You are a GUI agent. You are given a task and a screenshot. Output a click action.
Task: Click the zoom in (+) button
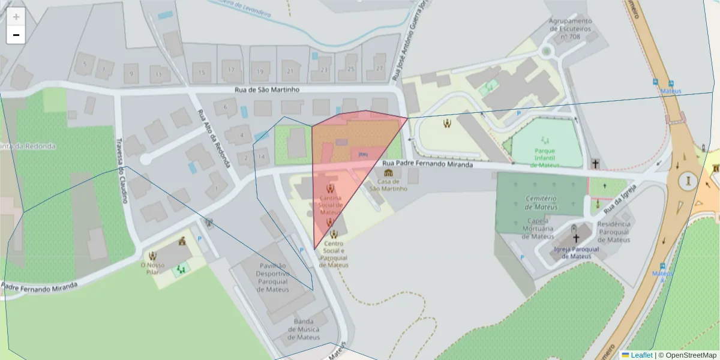[16, 17]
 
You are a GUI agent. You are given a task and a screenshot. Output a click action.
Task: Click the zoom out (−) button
[16, 35]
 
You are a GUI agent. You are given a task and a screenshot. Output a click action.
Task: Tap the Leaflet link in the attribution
[641, 355]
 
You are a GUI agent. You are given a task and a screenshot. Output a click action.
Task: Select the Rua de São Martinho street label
[266, 89]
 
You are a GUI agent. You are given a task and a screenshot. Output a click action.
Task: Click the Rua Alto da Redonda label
[206, 134]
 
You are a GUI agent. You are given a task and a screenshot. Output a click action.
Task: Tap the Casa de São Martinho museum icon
[388, 173]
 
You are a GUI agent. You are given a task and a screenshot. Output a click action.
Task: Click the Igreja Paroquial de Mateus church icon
[576, 238]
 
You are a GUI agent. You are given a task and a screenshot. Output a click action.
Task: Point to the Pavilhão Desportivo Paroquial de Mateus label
[273, 277]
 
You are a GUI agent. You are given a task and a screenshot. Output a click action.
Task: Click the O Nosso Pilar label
[152, 268]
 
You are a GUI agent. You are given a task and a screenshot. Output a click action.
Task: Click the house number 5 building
[85, 63]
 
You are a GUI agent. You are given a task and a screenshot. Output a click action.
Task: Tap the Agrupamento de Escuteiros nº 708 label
[570, 28]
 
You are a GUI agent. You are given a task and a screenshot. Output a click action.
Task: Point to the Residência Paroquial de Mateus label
[613, 232]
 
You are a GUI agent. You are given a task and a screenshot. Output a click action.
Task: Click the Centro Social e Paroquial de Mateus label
[334, 254]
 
